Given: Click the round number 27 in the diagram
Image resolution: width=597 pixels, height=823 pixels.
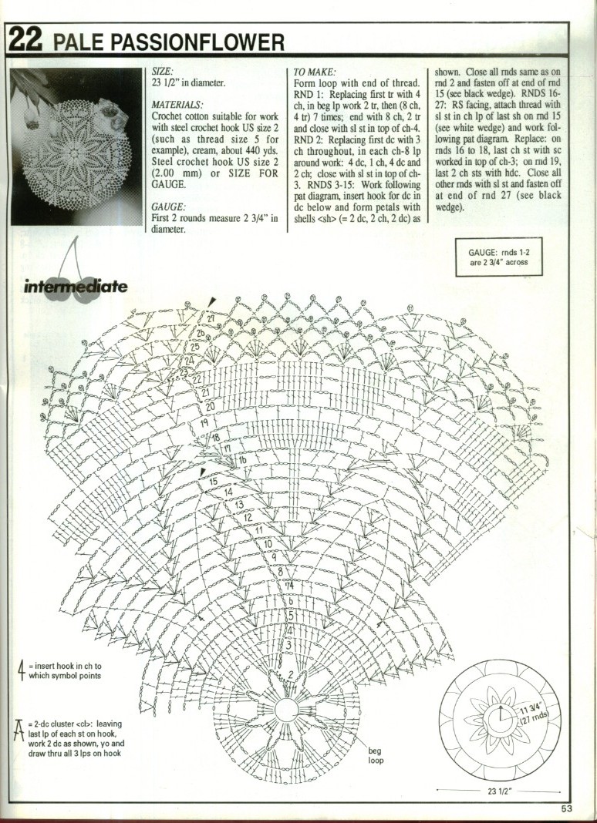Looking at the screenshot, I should pos(210,318).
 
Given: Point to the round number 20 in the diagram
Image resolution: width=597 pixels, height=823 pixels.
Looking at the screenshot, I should pos(210,405).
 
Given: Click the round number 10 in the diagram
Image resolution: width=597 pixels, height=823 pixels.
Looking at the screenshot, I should pos(268,543).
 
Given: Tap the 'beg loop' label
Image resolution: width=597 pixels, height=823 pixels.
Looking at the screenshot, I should pos(375,754).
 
